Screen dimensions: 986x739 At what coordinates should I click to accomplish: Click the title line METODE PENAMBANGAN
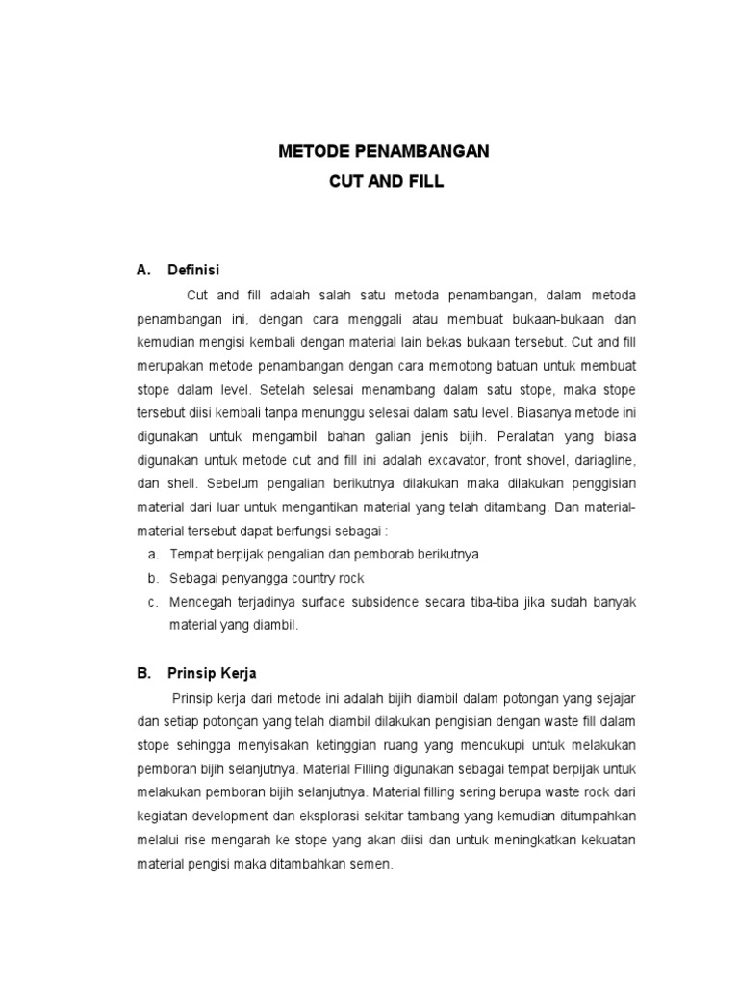384,152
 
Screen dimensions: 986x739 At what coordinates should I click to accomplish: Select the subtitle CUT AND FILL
384,181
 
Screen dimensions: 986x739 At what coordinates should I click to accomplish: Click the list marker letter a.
152,555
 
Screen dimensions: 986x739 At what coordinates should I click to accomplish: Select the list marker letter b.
152,579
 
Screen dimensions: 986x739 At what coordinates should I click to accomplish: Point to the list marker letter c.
152,602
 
